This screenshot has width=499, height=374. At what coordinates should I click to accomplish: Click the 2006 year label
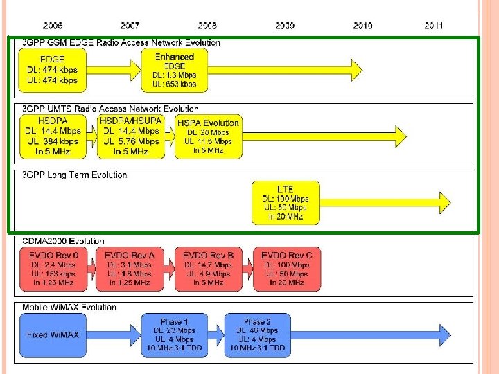tap(53, 26)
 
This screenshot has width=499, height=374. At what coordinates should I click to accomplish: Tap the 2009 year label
tap(285, 26)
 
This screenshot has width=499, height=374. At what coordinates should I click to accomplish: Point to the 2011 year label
tap(435, 26)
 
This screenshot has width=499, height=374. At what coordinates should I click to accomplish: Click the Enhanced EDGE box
tap(175, 70)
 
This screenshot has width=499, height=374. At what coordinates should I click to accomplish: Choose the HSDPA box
tap(53, 136)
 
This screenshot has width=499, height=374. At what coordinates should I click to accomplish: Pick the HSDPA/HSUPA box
tap(132, 136)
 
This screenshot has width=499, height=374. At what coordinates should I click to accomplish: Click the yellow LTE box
tap(286, 202)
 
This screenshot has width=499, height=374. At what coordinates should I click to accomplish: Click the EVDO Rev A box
tap(130, 269)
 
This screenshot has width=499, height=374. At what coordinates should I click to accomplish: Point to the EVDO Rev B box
tap(209, 269)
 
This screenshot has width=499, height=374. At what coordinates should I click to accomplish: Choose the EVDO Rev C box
tap(286, 269)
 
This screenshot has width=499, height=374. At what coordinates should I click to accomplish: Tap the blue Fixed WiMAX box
tap(53, 335)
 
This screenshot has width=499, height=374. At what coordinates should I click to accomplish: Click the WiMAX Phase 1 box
tap(175, 335)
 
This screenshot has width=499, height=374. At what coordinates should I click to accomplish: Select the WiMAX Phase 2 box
tap(257, 335)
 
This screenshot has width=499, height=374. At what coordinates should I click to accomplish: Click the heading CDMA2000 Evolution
tap(64, 241)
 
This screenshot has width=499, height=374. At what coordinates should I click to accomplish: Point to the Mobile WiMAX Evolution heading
tap(69, 307)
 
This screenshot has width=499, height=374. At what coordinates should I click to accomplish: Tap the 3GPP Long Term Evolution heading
tap(76, 175)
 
